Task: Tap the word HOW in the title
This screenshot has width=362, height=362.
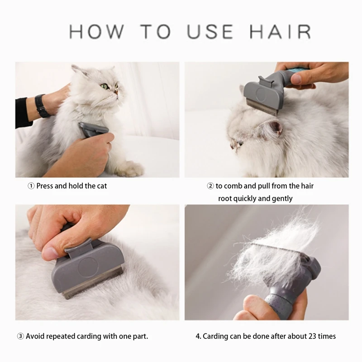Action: pyautogui.click(x=96, y=32)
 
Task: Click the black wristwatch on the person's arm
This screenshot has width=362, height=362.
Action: pyautogui.click(x=42, y=106)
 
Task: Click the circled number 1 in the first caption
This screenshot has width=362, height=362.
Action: pyautogui.click(x=31, y=186)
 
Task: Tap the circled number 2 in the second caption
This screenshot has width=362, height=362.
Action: pyautogui.click(x=210, y=186)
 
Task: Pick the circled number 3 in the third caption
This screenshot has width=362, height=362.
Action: pyautogui.click(x=20, y=336)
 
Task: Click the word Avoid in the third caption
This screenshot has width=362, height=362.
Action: pyautogui.click(x=35, y=336)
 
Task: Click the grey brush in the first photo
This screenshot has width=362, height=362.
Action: pyautogui.click(x=93, y=129)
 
